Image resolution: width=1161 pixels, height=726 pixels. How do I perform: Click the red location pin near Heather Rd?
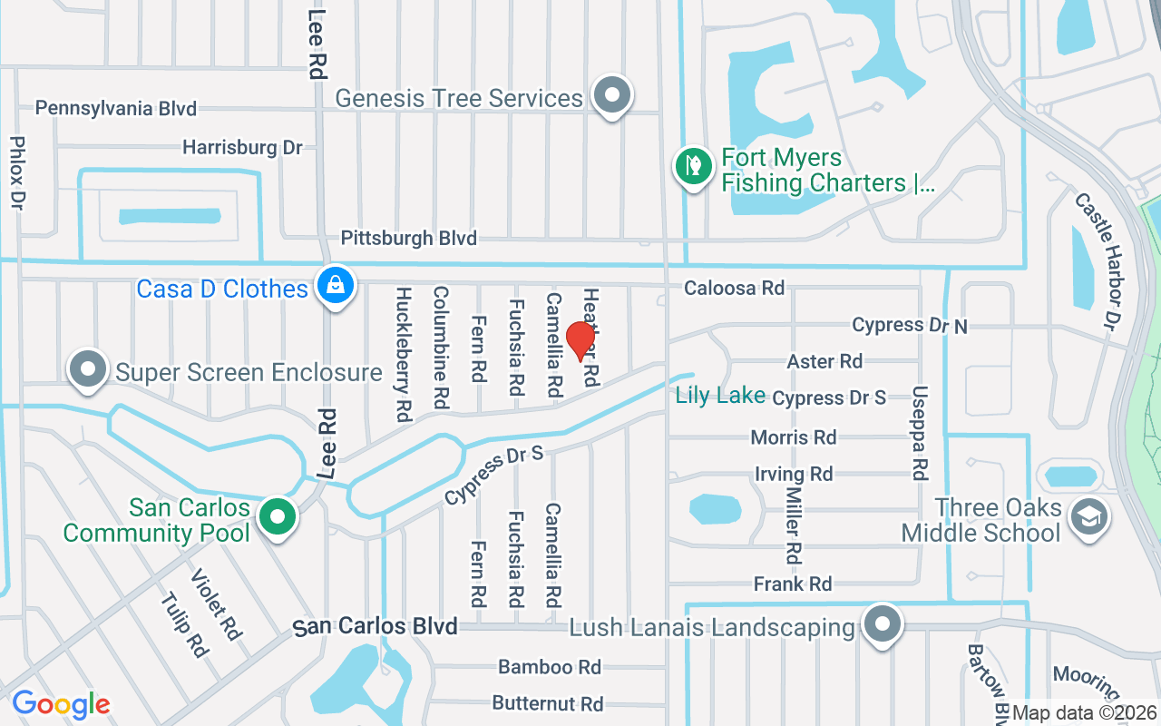click(580, 341)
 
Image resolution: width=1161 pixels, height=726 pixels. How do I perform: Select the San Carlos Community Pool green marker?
click(278, 517)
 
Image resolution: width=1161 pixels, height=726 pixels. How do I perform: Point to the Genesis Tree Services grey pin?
click(612, 94)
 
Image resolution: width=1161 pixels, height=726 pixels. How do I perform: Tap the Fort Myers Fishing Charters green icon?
click(693, 166)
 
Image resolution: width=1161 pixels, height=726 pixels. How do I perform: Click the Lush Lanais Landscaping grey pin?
click(881, 625)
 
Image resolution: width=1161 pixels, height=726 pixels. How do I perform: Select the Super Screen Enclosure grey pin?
click(88, 369)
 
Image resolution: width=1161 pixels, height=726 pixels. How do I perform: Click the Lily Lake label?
click(720, 397)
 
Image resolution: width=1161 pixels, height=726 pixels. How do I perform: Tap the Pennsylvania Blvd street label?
click(115, 109)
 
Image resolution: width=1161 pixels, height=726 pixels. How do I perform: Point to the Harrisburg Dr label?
click(242, 147)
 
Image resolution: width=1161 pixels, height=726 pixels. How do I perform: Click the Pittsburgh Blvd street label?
click(408, 239)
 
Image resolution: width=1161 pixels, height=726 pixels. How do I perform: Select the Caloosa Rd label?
click(734, 289)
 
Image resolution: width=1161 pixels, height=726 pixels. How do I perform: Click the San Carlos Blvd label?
click(376, 627)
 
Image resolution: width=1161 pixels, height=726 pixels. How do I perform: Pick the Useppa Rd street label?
click(920, 433)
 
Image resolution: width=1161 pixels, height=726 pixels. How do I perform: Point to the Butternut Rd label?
click(548, 703)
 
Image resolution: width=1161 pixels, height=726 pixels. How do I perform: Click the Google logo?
click(61, 704)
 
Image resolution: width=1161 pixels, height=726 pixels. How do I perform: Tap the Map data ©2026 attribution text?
click(1084, 713)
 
